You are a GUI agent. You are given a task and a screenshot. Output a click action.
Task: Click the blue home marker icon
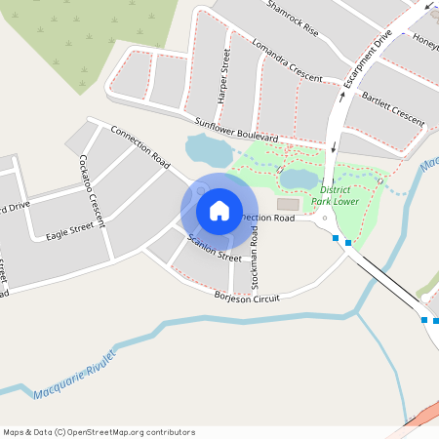(219, 211)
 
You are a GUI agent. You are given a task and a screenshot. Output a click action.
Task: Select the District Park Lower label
(335, 195)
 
